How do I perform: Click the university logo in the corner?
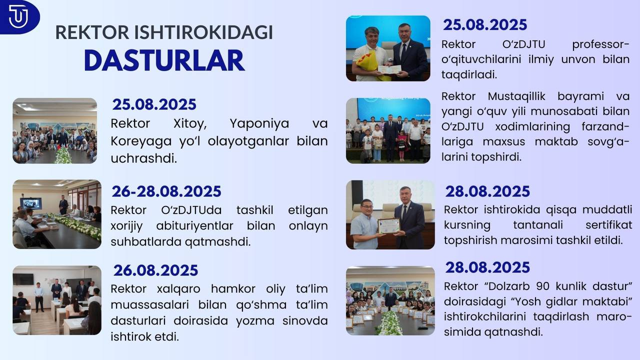[19, 16]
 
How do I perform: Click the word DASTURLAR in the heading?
[164, 60]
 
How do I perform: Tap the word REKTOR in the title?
[92, 32]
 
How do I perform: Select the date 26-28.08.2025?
[166, 191]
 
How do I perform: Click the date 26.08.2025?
[155, 270]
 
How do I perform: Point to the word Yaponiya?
[259, 124]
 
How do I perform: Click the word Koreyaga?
[141, 141]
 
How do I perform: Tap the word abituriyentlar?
[194, 226]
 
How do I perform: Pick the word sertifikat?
[608, 225]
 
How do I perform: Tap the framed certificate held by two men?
[389, 226]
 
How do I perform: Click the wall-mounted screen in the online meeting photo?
[30, 203]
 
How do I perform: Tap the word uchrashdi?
[143, 158]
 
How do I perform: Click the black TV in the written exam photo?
[23, 279]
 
